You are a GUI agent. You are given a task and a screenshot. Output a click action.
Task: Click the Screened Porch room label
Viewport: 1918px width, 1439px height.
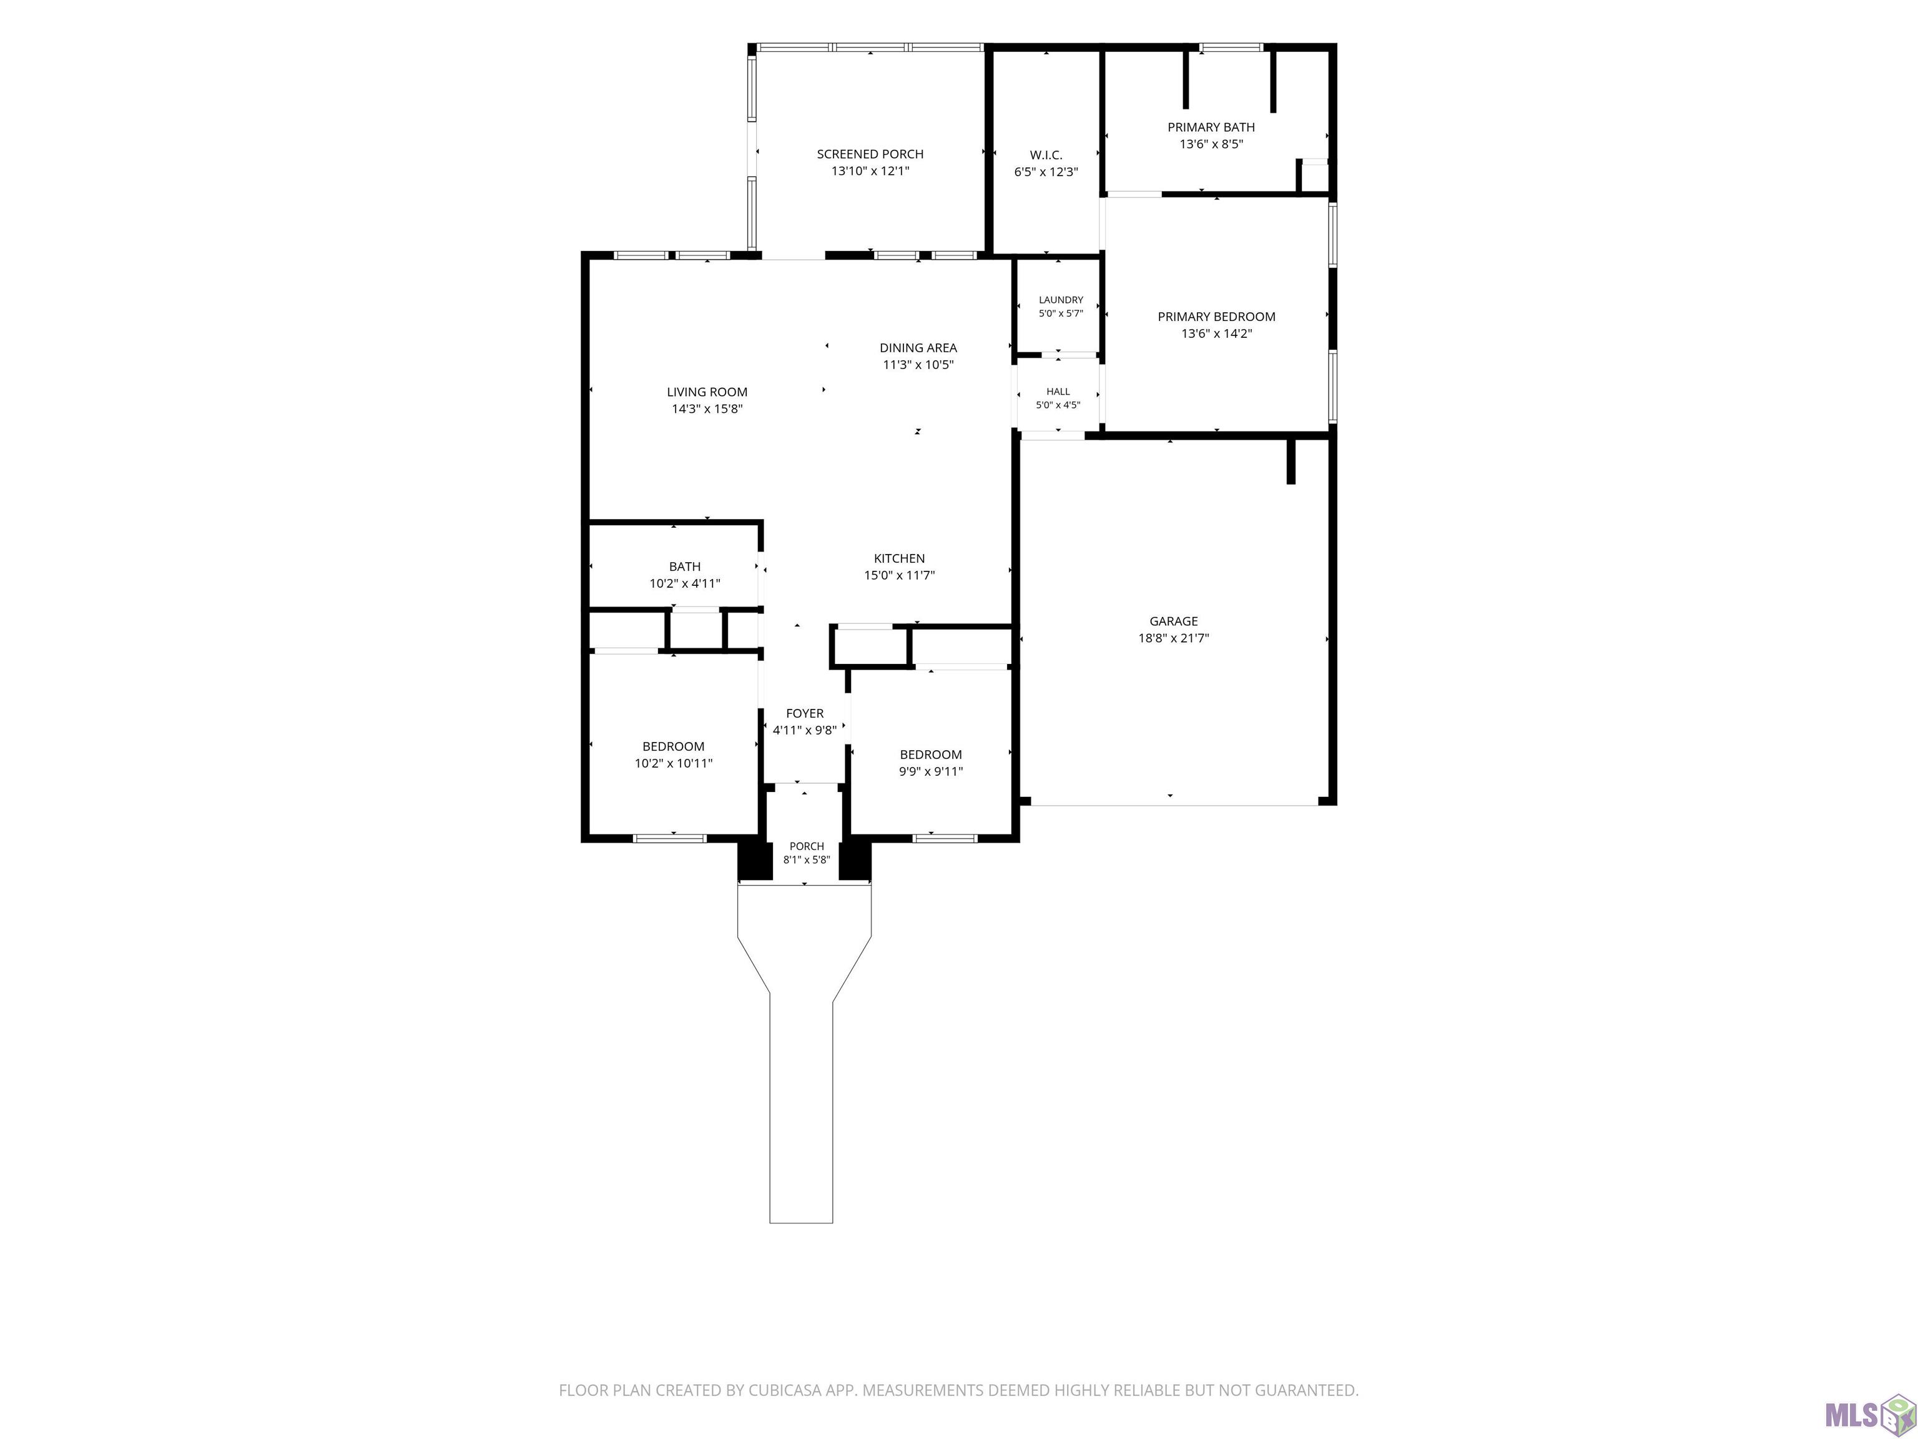click(x=870, y=154)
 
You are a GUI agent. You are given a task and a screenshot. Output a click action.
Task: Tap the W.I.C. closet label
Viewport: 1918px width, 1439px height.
click(x=1046, y=156)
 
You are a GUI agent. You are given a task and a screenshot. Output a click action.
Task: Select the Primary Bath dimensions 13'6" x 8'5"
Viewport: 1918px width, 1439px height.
click(x=1211, y=144)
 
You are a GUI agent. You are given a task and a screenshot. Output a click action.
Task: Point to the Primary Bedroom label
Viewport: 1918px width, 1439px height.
click(x=1216, y=317)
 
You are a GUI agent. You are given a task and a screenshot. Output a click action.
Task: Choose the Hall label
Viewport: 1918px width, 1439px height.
click(x=1058, y=391)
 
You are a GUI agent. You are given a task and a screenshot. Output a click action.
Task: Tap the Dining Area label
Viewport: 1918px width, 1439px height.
click(x=918, y=348)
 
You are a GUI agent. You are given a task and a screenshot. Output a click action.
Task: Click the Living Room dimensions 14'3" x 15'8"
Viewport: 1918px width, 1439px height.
click(x=707, y=408)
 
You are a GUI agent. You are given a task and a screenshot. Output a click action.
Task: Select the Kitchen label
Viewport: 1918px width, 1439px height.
click(x=899, y=558)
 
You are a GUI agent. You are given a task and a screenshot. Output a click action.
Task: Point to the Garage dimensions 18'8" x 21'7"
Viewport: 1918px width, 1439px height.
click(x=1174, y=638)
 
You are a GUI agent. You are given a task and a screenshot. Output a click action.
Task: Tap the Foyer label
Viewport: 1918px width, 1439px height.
click(x=805, y=714)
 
